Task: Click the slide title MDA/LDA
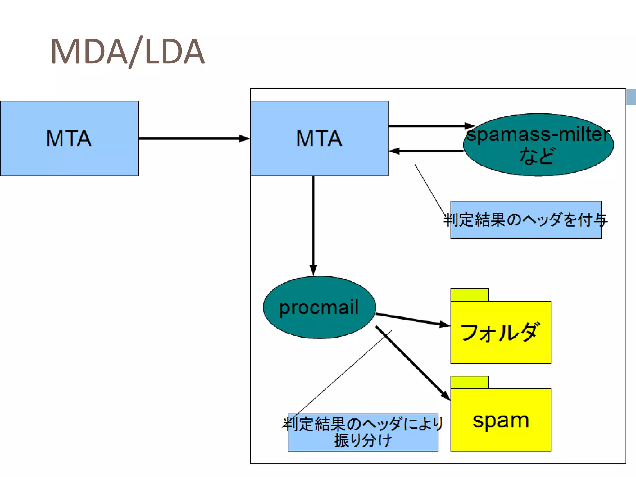[x=127, y=51]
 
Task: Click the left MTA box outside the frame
[x=69, y=139]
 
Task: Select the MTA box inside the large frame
[x=319, y=139]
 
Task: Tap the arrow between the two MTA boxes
[x=193, y=139]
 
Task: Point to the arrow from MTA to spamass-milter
[x=429, y=126]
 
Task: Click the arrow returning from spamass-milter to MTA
[x=429, y=151]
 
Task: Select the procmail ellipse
[x=319, y=307]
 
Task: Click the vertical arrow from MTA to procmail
[x=313, y=224]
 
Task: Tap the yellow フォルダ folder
[x=501, y=332]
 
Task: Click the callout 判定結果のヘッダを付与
[x=525, y=220]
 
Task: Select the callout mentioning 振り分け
[x=363, y=432]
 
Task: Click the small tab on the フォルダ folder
[x=469, y=295]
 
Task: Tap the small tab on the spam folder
[x=469, y=382]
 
